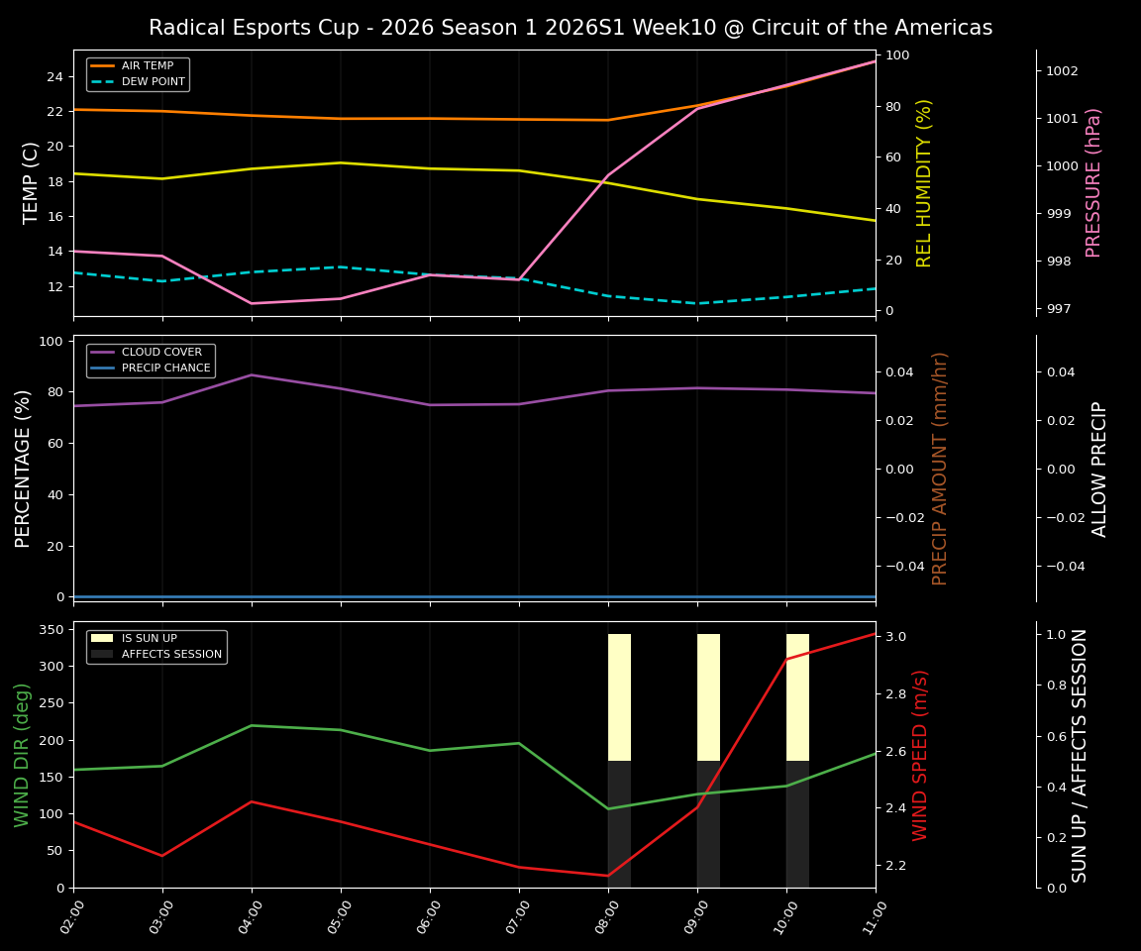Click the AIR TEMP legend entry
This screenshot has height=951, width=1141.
(147, 66)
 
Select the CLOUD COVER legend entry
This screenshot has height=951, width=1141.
(161, 353)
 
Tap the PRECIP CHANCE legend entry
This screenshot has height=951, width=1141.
(165, 369)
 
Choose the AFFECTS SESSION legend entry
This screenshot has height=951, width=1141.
(171, 655)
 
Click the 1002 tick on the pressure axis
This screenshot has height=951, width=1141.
(1062, 71)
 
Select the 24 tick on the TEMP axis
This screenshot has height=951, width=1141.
(55, 77)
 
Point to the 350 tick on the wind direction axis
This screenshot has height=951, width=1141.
(52, 630)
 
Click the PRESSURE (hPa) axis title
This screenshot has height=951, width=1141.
(1093, 182)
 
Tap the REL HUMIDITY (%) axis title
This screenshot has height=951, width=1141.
(925, 182)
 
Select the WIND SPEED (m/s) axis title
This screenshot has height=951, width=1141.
(921, 755)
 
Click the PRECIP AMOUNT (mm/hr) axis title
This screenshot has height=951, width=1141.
(940, 469)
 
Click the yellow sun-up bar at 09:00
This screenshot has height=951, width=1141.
(708, 697)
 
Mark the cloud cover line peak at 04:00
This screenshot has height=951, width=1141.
(252, 375)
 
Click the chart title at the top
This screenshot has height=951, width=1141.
(570, 28)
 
